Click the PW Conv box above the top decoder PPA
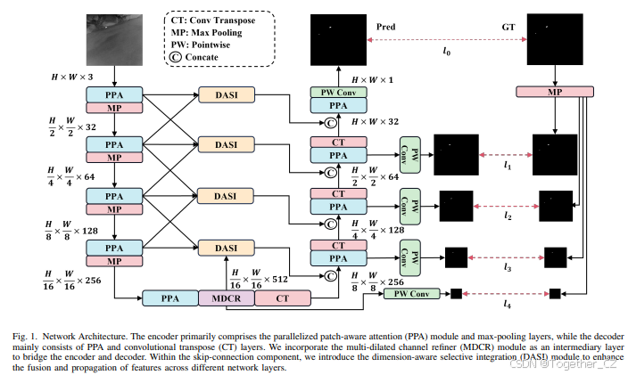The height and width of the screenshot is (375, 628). pyautogui.click(x=338, y=93)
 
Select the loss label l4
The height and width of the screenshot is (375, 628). pyautogui.click(x=508, y=306)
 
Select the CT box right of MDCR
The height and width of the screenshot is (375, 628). pyautogui.click(x=282, y=298)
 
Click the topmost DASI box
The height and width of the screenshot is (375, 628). pyautogui.click(x=226, y=94)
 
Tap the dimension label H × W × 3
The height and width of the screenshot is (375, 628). pyautogui.click(x=74, y=78)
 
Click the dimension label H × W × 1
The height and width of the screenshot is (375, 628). pyautogui.click(x=373, y=80)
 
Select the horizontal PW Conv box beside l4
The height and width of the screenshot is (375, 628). pyautogui.click(x=413, y=293)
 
